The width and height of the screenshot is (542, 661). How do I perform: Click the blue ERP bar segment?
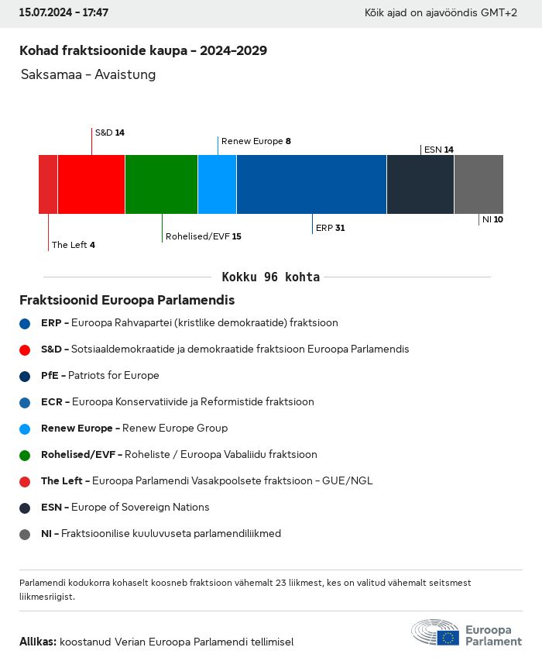point(311,184)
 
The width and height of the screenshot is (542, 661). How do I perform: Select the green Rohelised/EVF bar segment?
point(161,184)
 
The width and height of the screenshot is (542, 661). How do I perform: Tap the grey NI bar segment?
point(479,184)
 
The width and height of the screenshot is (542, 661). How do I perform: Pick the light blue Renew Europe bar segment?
point(217,184)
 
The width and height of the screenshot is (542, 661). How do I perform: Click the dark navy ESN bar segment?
point(420,184)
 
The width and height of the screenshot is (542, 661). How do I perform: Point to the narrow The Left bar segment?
point(48,184)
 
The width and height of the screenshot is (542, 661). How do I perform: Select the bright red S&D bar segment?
point(91,184)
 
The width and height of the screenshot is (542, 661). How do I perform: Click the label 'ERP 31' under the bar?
point(330,228)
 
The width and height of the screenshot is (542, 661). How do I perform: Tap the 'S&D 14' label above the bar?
point(109,133)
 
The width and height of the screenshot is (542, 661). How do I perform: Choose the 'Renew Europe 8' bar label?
point(256,141)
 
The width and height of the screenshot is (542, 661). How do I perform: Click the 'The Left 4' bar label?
point(73,245)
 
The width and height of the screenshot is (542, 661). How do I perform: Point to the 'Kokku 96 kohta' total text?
point(270,277)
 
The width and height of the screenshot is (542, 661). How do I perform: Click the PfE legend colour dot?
point(26,376)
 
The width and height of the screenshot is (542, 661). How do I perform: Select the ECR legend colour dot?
point(26,402)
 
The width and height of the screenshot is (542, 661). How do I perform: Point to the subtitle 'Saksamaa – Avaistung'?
point(88,75)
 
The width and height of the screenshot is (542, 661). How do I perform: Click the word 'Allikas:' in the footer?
point(38,642)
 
